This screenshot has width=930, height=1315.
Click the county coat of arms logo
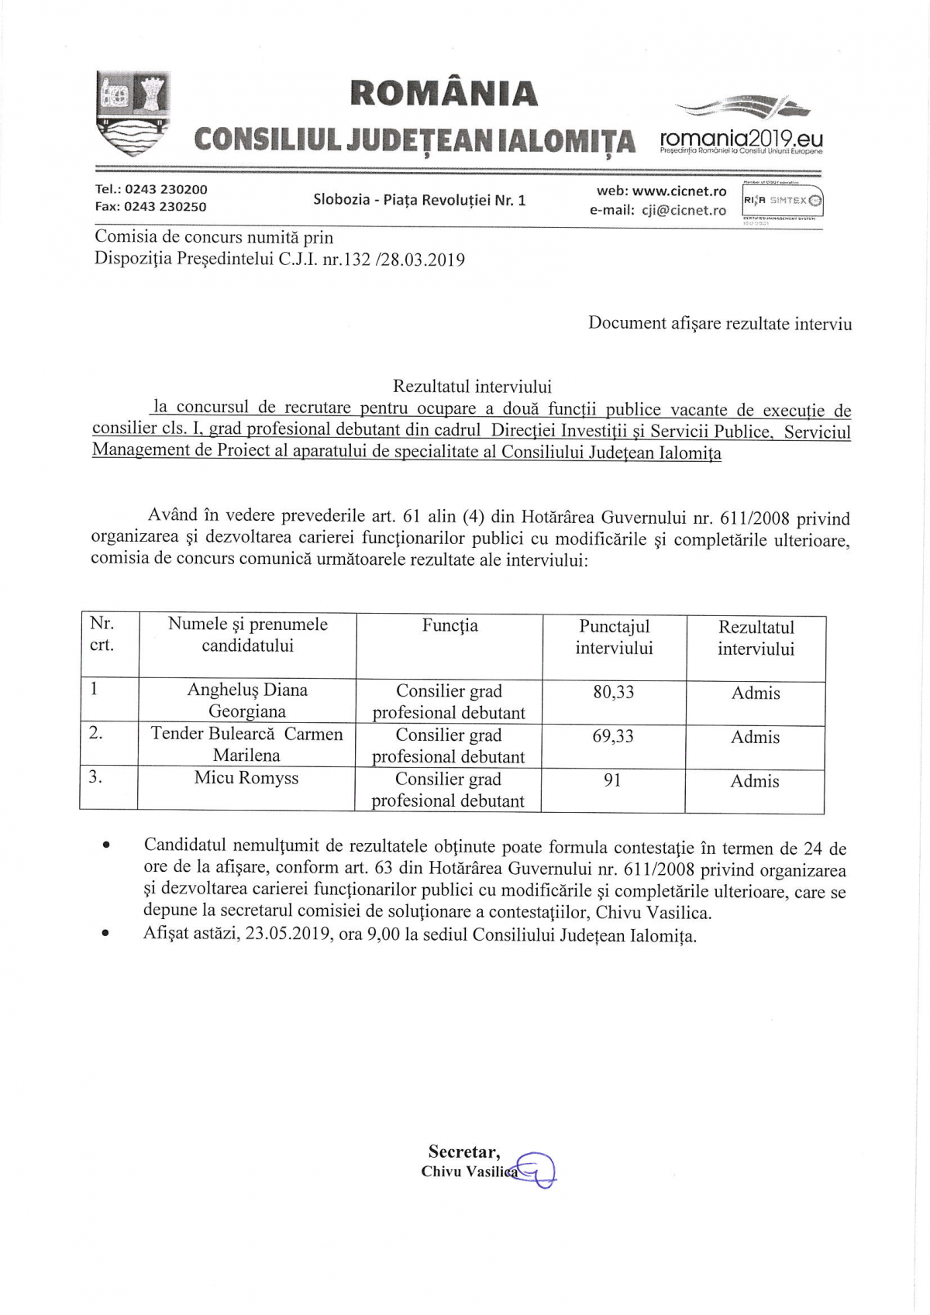coord(133,113)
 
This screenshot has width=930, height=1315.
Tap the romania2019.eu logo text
coord(741,139)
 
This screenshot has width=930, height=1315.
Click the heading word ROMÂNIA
coord(443,94)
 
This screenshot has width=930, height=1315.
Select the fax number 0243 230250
coord(165,207)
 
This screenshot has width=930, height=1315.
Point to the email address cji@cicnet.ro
coord(684,210)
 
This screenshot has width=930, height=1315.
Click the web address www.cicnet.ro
coord(679,191)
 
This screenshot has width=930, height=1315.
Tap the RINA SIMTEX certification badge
coord(783,201)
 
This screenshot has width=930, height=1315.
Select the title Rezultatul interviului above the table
coord(472,386)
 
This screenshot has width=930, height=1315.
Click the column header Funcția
coord(449,626)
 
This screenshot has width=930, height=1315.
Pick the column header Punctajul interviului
coord(614,637)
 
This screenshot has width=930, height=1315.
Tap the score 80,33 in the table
coord(613,692)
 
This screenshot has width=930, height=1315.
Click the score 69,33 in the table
coord(612,736)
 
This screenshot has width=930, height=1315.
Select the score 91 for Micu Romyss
coord(612,780)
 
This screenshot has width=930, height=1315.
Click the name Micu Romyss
coord(246,778)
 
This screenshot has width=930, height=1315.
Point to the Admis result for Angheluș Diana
coord(756,694)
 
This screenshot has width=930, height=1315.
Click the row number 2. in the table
coord(95,733)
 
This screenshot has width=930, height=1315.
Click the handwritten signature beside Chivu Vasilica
coord(536,1169)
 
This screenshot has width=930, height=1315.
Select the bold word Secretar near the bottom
coord(463,1151)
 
